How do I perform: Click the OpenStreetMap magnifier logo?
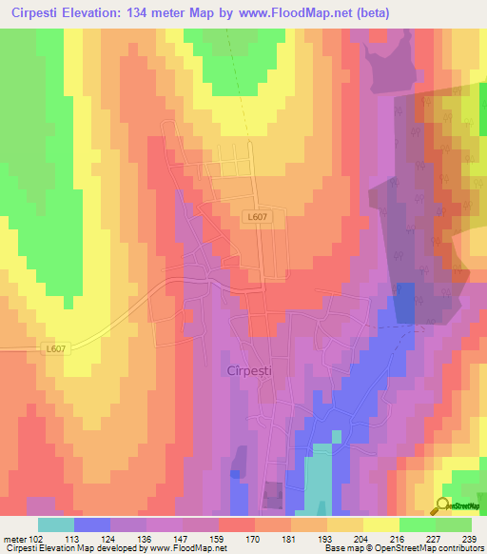(x=444, y=505)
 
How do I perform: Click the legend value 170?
(x=254, y=537)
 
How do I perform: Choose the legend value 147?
(x=182, y=537)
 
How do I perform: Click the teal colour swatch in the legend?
(x=56, y=524)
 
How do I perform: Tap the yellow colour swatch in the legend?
(x=380, y=524)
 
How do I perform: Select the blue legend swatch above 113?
(x=92, y=524)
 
